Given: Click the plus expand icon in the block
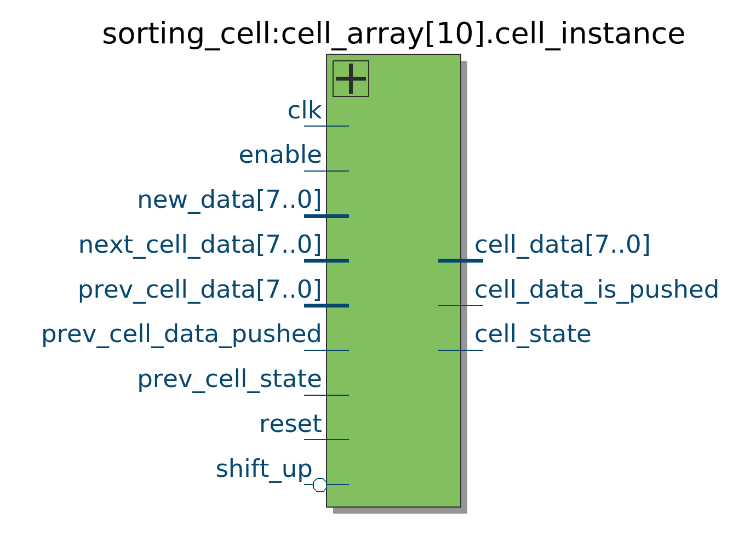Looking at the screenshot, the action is point(351,79).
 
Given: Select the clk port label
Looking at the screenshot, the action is point(305,110).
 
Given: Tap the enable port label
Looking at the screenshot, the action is point(280,155).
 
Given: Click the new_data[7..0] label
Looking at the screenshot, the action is point(230,200).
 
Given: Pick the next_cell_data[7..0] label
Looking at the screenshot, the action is point(200,244).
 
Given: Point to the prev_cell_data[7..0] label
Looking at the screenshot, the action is point(200,290).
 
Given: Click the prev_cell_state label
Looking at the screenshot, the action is point(230,379).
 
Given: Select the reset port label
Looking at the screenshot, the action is point(290,424).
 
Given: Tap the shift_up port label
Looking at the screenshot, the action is point(264,469).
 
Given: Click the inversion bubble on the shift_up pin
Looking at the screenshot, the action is point(319,485).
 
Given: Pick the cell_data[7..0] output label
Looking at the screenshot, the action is point(562,244).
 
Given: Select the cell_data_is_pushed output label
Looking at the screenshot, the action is point(597,290).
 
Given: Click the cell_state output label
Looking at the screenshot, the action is point(533,334).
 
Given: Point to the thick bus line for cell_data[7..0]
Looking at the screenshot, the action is point(460,261).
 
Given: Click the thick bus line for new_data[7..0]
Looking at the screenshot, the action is point(327,216).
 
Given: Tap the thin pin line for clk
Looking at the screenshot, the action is point(327,126).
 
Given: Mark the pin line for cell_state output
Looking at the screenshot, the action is point(460,350).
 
